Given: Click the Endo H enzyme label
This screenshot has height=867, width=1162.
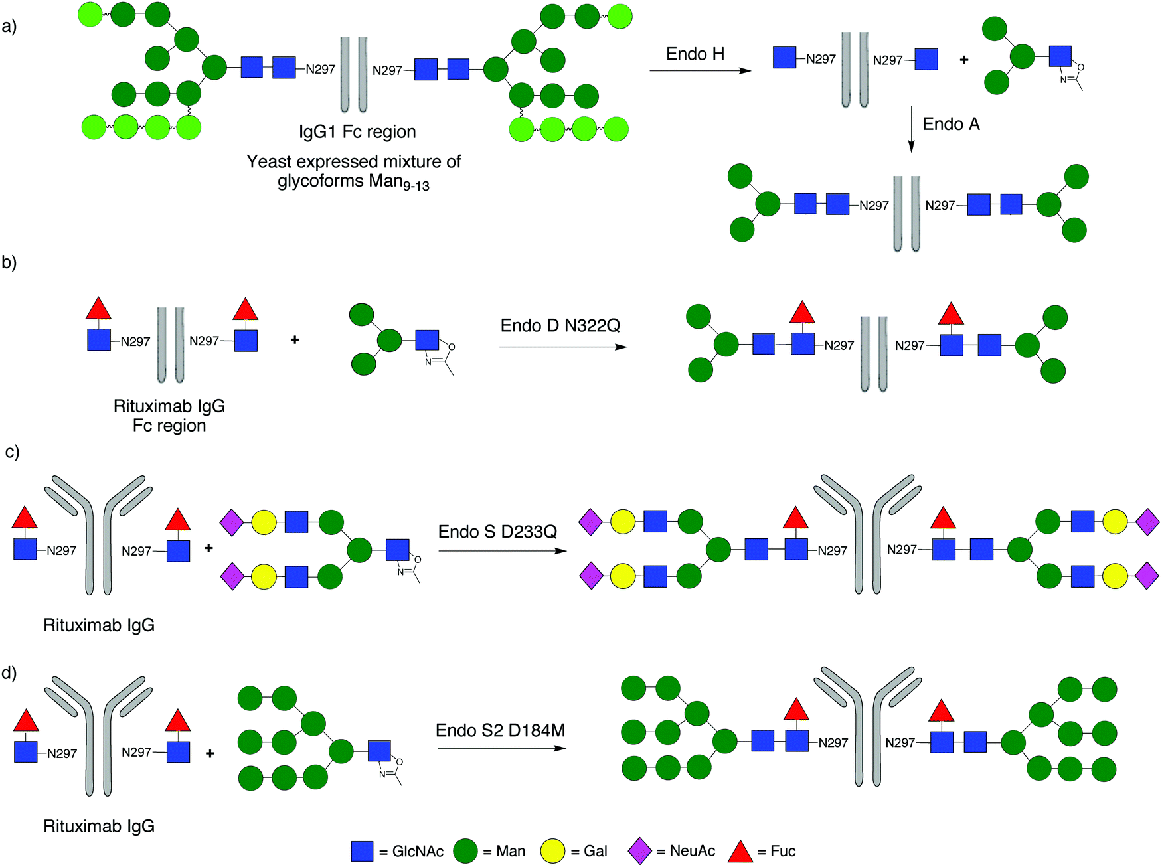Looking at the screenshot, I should [695, 54].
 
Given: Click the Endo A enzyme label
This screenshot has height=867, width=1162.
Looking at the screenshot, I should [951, 125].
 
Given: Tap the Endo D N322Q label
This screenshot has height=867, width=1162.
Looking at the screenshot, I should [560, 325].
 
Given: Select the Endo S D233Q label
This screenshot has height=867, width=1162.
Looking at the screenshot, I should [497, 532].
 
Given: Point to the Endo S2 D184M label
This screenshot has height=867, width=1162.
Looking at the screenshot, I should [500, 730].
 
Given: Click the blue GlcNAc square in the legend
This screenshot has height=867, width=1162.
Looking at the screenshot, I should [362, 851].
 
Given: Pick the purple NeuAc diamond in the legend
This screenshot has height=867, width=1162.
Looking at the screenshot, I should [639, 851].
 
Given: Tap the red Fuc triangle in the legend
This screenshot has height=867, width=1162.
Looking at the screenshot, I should [740, 852].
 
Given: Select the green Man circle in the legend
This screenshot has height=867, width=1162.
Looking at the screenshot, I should [465, 851].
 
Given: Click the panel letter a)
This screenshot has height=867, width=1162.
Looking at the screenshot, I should [9, 27].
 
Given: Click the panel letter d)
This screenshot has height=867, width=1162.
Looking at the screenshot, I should [9, 673].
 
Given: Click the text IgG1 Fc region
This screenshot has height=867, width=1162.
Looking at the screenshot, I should [357, 132].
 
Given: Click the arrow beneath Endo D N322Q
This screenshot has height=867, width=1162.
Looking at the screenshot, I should [563, 347].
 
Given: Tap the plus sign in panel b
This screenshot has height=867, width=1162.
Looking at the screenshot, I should [295, 340].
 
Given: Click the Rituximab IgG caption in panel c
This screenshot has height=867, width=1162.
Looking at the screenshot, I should [99, 625].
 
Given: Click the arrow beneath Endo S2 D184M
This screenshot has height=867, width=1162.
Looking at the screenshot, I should [502, 748].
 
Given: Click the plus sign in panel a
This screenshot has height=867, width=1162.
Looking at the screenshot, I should [963, 60].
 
